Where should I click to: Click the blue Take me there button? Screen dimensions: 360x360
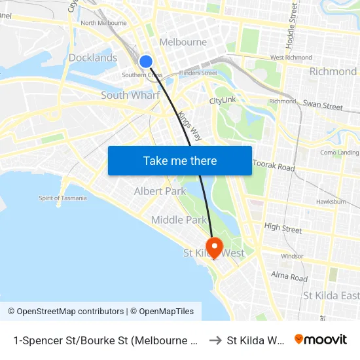click(x=180, y=161)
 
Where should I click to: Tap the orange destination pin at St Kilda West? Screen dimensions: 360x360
click(x=214, y=247)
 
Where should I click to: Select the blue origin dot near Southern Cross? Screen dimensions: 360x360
click(x=146, y=62)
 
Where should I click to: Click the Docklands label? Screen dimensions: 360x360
click(x=93, y=58)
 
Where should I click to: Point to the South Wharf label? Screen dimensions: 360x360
click(x=130, y=96)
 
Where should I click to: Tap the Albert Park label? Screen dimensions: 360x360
click(x=160, y=191)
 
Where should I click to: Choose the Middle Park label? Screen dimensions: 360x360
click(x=179, y=220)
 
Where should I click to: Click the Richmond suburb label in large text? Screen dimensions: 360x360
click(x=333, y=71)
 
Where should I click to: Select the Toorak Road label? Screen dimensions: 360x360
click(x=274, y=166)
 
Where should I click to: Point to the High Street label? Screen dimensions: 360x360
click(x=283, y=228)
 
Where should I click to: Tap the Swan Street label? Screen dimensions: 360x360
click(x=323, y=105)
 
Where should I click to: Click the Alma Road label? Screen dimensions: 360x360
click(x=289, y=277)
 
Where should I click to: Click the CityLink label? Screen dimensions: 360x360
click(x=223, y=101)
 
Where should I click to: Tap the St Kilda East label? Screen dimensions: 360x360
click(x=331, y=296)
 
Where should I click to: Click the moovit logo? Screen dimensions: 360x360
click(x=320, y=339)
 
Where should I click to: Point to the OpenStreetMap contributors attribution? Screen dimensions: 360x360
click(x=65, y=312)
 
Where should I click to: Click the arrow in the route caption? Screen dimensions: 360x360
click(x=215, y=340)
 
